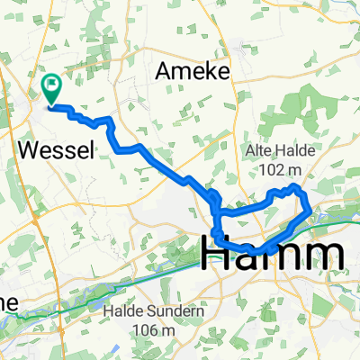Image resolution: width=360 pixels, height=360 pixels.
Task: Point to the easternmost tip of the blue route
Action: [x=310, y=212]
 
